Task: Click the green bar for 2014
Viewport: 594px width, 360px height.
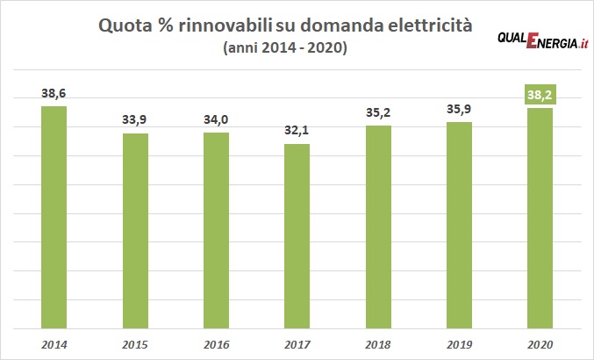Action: point(54,216)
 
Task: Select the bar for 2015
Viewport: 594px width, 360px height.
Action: point(135,229)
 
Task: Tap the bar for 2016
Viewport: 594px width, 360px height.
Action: point(216,229)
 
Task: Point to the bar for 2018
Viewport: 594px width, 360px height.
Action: point(378,226)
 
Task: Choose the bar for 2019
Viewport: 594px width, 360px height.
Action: point(459,224)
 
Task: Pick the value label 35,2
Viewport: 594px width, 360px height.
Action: point(378,113)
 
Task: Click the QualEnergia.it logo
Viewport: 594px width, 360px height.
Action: point(541,41)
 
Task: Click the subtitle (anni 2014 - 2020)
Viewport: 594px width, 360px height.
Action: point(286,50)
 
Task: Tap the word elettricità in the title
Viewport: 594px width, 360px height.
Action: point(430,27)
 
